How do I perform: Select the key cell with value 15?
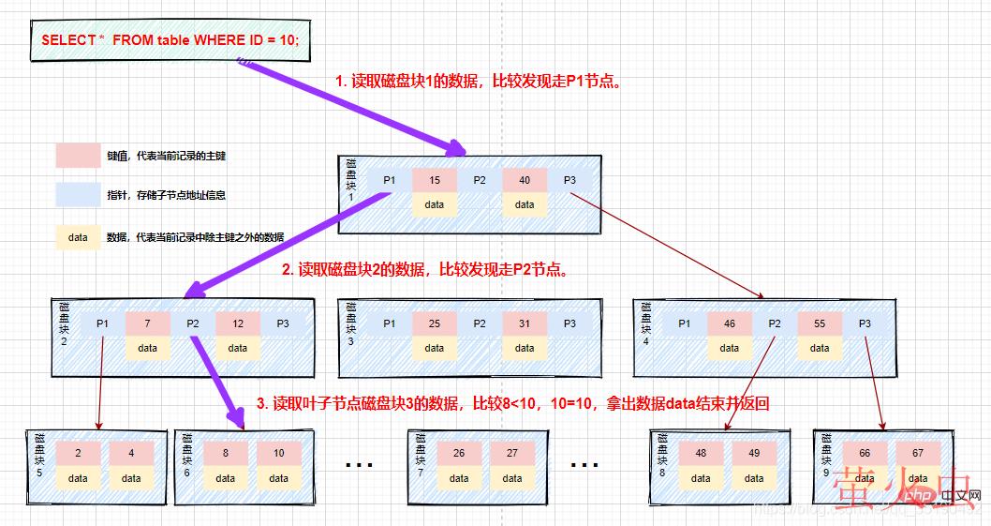434,180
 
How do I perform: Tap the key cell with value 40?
525,180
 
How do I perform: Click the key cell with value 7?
148,323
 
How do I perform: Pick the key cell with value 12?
238,323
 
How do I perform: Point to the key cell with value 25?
434,323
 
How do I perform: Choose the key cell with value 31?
525,323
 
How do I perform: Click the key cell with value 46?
730,323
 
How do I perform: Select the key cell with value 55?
820,323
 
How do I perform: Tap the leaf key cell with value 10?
279,453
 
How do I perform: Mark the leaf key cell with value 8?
226,453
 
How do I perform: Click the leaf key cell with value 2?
78,453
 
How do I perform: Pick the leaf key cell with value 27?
512,453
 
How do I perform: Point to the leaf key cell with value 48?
702,453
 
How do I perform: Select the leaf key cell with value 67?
918,453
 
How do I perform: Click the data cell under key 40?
525,204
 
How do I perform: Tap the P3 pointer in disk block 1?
569,180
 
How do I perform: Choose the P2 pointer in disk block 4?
775,323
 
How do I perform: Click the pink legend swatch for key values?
78,155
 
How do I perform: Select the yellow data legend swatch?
78,237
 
